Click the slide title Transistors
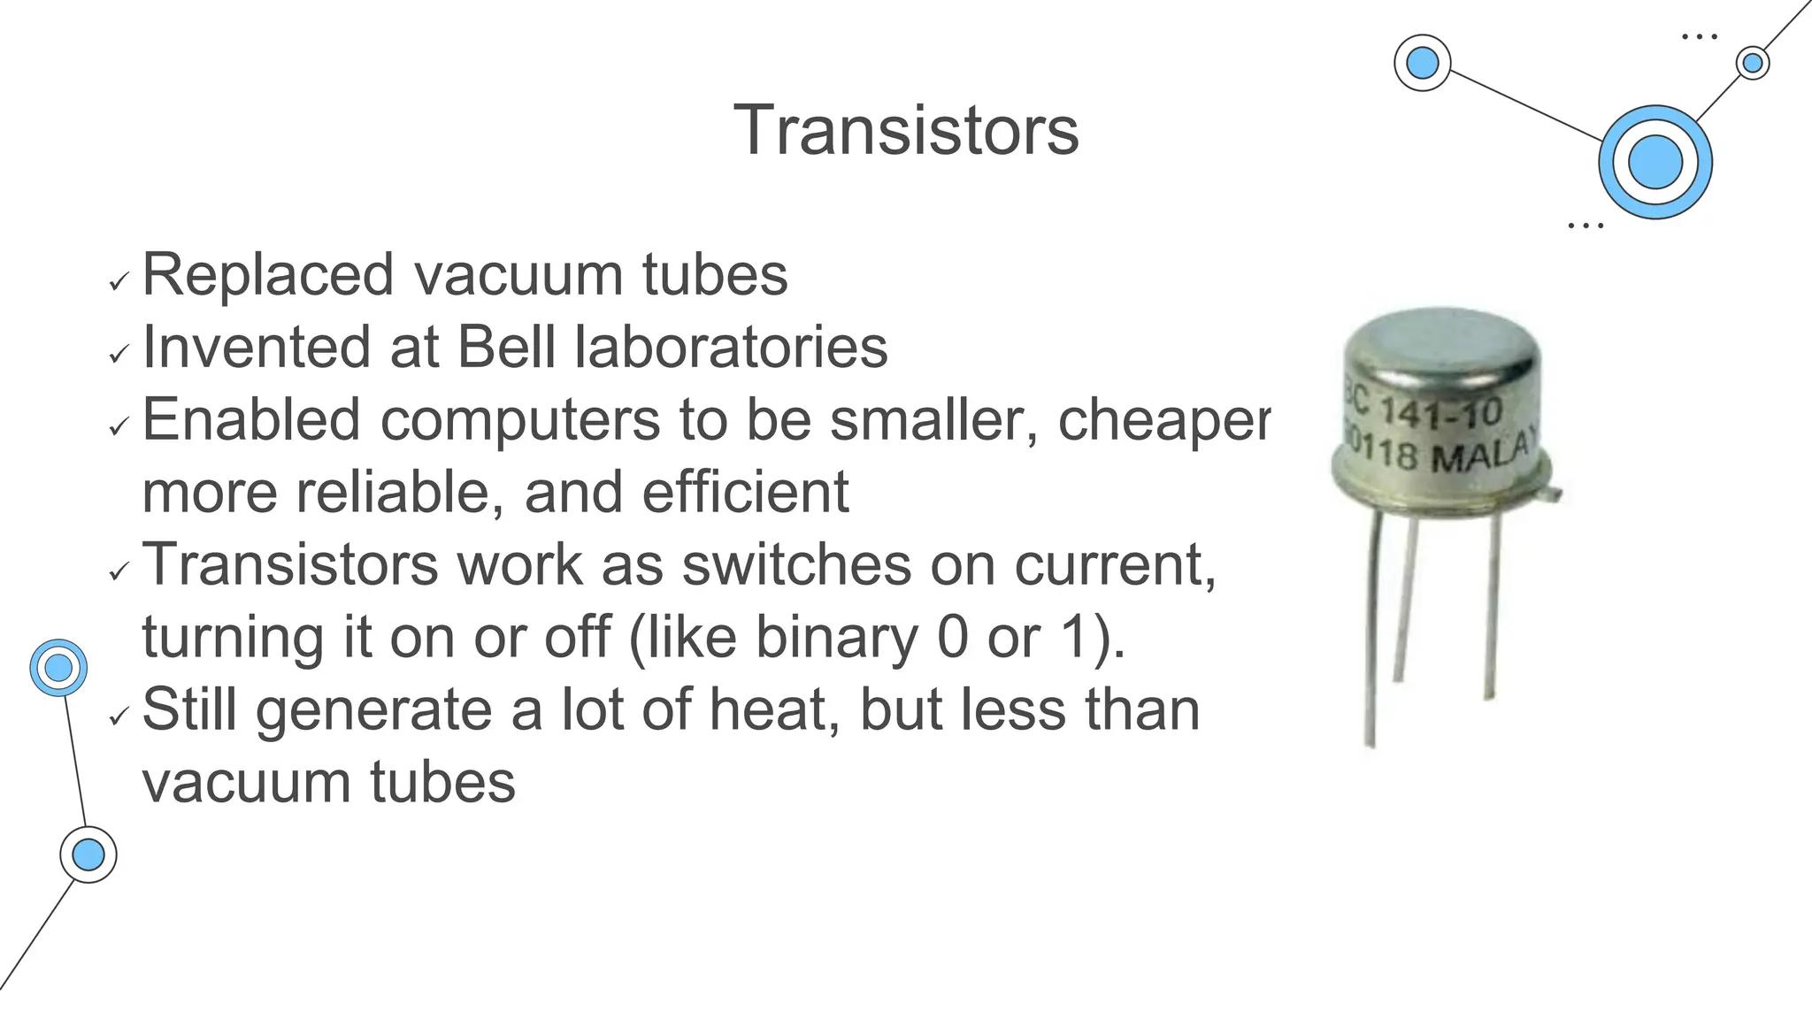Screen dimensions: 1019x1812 906,130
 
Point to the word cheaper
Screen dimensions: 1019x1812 1164,420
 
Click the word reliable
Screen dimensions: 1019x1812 401,492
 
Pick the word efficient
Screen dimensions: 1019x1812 745,492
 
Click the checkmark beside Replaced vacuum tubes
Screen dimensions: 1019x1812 119,283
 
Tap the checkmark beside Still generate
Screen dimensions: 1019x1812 119,717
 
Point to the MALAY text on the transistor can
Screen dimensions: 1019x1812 1481,456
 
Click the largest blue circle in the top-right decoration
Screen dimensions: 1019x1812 1655,163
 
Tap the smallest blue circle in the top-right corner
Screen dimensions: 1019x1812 1752,63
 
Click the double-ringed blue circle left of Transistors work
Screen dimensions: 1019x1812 58,668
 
